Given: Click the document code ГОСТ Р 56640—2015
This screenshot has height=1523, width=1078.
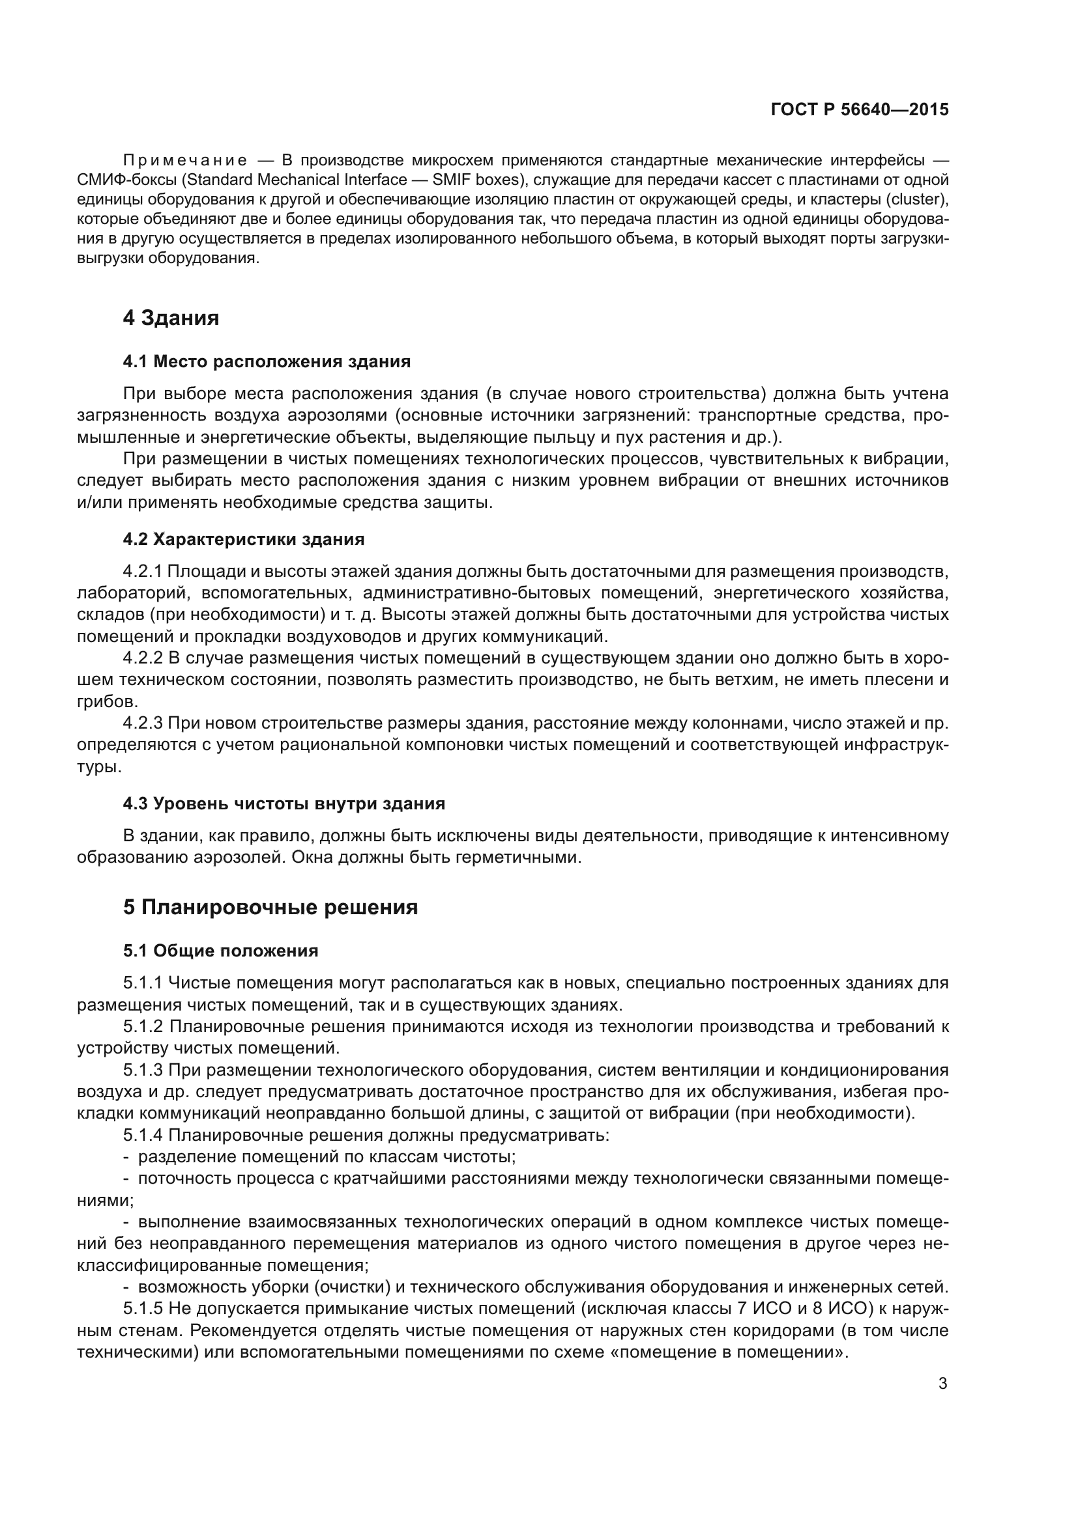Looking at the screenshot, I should click(x=860, y=109).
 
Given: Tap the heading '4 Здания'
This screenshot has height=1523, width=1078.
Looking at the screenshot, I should click(x=171, y=318).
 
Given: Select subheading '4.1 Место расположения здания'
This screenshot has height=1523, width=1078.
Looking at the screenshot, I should click(x=266, y=361).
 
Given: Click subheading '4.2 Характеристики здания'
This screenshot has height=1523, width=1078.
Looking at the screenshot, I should click(x=244, y=539).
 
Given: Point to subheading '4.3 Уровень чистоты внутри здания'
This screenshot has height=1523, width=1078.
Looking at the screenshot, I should click(x=284, y=803).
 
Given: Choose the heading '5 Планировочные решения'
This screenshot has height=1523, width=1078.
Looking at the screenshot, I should click(x=270, y=907).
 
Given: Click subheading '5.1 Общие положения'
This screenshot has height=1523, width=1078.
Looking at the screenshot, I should click(x=220, y=951).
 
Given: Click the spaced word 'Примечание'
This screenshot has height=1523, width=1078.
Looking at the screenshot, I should click(x=185, y=160).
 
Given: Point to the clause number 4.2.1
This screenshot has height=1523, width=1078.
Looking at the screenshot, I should click(x=142, y=571).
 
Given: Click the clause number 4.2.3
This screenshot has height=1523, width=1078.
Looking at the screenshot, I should click(x=142, y=723).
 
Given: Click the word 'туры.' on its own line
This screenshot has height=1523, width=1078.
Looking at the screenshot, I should click(x=100, y=767).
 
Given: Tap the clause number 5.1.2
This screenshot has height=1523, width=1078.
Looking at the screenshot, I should click(x=142, y=1027).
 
